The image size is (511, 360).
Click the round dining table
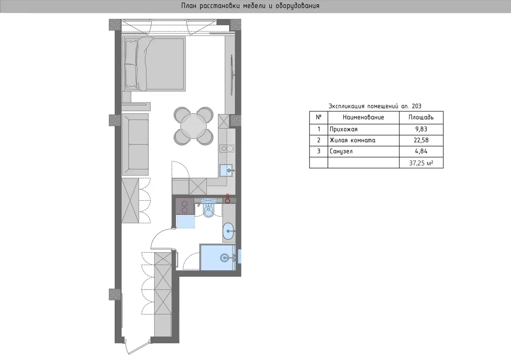click(x=194, y=126)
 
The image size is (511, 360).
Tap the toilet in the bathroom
click(x=208, y=210)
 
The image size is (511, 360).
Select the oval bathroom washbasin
click(x=228, y=231)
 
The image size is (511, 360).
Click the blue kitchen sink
click(x=226, y=170)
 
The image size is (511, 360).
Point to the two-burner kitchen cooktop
click(x=227, y=149)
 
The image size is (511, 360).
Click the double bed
click(x=154, y=64)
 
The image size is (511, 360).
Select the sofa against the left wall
click(x=135, y=144)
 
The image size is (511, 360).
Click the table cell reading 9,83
click(x=421, y=129)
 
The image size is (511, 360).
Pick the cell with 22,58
click(x=421, y=140)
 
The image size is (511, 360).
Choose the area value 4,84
click(x=421, y=151)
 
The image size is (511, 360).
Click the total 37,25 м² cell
click(x=421, y=163)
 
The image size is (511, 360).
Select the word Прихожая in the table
click(x=343, y=130)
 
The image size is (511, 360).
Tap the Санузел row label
click(x=341, y=151)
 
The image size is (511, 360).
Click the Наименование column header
click(x=363, y=117)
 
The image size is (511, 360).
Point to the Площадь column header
click(x=421, y=117)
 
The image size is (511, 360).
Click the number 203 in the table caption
click(x=417, y=106)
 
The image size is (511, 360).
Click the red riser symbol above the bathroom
click(x=228, y=199)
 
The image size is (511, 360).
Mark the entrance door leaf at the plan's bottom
click(x=138, y=348)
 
